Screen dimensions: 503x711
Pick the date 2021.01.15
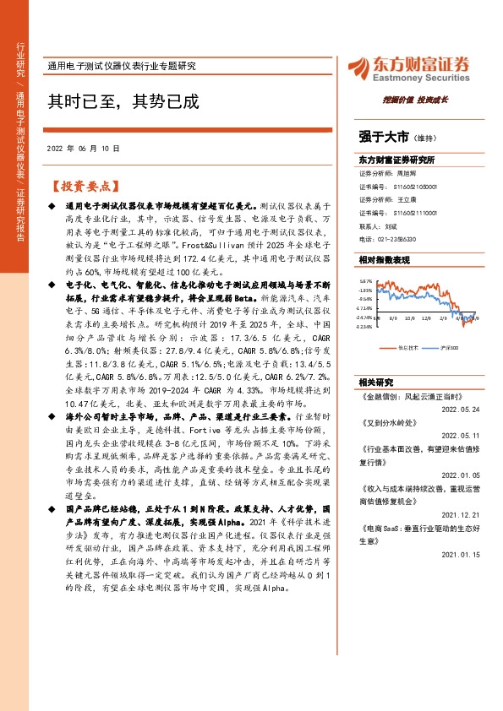pyautogui.click(x=462, y=555)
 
